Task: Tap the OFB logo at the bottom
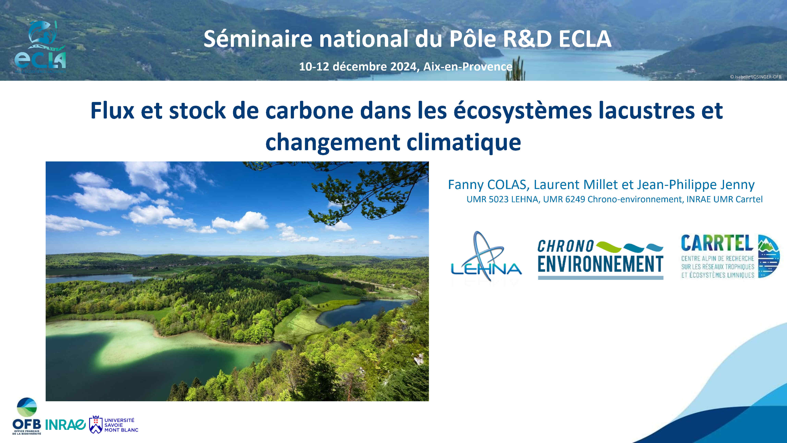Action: (x=27, y=416)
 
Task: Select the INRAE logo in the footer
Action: (x=65, y=424)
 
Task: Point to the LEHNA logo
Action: (x=486, y=257)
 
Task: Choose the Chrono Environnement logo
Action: (x=600, y=259)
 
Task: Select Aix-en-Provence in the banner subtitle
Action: (x=468, y=66)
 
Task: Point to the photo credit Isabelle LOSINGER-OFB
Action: (x=756, y=77)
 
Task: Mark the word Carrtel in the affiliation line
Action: (x=749, y=199)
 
